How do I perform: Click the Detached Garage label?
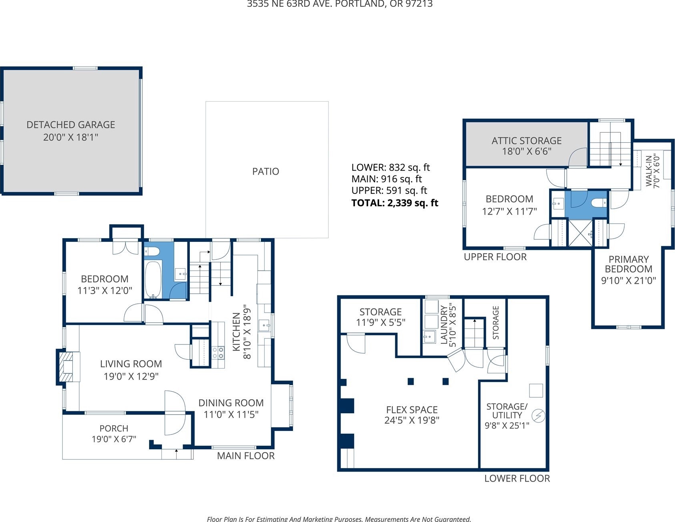71,125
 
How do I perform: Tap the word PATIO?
266,171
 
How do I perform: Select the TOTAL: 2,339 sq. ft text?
395,203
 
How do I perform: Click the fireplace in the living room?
66,367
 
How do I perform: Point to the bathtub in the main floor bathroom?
153,279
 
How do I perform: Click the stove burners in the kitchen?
218,353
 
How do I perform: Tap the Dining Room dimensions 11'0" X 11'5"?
231,414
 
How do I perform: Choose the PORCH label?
114,428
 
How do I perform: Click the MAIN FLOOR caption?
246,456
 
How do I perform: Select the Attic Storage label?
527,141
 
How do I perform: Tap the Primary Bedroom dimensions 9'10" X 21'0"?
629,281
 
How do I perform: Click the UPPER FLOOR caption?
495,257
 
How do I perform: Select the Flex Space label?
412,410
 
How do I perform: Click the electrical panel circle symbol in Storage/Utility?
538,416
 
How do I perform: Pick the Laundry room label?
444,325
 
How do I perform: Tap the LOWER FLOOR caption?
517,478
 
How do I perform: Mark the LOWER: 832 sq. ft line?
390,167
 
